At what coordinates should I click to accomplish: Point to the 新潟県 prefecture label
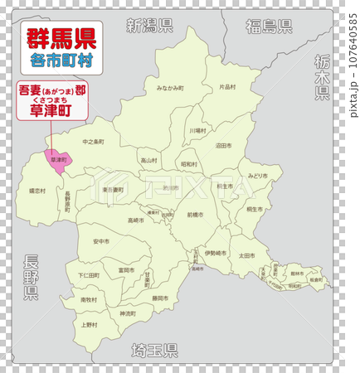149,25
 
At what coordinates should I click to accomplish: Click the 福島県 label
268,27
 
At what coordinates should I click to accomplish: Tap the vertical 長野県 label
31,278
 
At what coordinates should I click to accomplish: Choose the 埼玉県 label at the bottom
156,349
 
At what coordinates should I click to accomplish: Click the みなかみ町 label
176,87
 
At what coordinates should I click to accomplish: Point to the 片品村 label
227,86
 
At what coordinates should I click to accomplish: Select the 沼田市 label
223,145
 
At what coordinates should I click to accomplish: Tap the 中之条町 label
93,142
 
